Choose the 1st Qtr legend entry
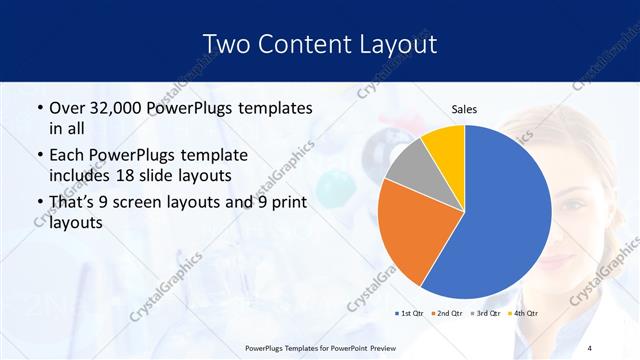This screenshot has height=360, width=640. tap(411, 313)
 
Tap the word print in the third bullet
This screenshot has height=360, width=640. tap(286, 202)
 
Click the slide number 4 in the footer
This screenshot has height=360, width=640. tap(590, 348)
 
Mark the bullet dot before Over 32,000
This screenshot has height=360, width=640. tap(39, 108)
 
